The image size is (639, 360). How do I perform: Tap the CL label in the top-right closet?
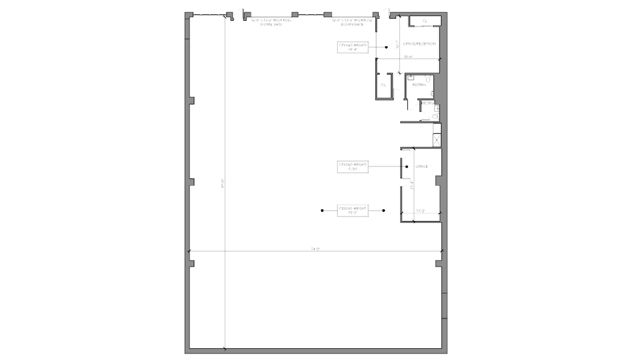[425, 21]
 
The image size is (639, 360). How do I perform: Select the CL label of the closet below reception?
[383, 84]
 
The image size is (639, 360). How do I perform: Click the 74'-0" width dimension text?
[316, 249]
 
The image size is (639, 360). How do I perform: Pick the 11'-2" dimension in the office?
[420, 211]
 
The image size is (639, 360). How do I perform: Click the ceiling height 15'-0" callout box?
[353, 210]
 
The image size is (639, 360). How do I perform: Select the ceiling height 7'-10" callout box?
[353, 167]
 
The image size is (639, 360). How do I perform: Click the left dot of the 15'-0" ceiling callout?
[323, 211]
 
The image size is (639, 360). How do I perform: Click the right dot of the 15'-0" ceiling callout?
[384, 211]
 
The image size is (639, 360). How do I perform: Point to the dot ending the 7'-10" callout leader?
[407, 167]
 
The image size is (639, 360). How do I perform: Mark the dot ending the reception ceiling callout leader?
[386, 47]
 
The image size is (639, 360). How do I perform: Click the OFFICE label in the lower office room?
[421, 167]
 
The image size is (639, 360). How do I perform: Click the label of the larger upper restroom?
[419, 84]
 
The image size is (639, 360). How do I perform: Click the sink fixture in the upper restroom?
[410, 78]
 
